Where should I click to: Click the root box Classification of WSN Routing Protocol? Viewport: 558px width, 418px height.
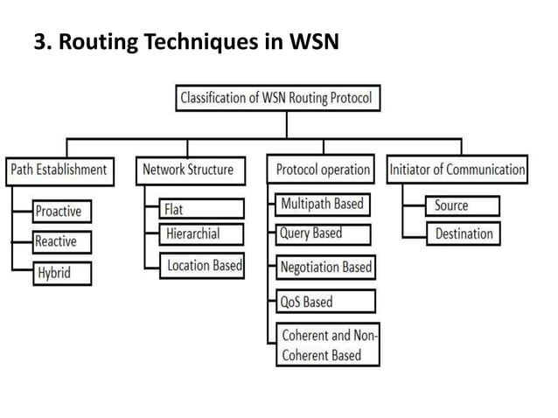coord(277,98)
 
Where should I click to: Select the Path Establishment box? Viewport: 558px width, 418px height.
coord(59,170)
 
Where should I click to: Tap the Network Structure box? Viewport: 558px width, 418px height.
coord(188,170)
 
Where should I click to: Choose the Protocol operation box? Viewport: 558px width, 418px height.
coord(321,170)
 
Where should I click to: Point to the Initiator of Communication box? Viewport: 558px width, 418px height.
coord(457,170)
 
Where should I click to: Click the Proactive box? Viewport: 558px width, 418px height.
coord(62,211)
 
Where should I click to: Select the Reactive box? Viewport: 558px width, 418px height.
coord(61,241)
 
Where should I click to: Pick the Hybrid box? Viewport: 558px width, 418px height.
coord(62,273)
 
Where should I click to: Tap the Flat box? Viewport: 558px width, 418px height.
coord(202,209)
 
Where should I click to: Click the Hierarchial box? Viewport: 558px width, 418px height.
coord(202,233)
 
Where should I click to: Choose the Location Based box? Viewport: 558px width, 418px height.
coord(202,265)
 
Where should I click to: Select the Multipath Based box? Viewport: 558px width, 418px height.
coord(321,205)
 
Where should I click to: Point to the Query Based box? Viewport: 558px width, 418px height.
coord(321,233)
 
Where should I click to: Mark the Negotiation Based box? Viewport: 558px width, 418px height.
coord(325,267)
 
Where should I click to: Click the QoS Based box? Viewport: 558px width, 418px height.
coord(324,302)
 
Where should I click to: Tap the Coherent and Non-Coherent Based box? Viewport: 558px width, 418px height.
coord(328,345)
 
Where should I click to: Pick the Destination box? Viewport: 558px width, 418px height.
coord(463,233)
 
